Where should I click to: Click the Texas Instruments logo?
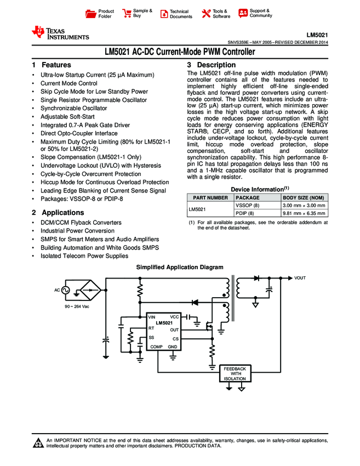60,32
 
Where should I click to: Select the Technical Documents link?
180,14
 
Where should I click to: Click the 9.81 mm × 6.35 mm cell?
303,213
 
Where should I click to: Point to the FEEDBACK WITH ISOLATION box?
235,373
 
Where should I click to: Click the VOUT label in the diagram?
300,279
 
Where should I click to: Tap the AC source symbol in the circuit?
65,290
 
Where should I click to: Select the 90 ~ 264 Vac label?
77,306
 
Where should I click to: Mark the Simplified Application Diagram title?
180,267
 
